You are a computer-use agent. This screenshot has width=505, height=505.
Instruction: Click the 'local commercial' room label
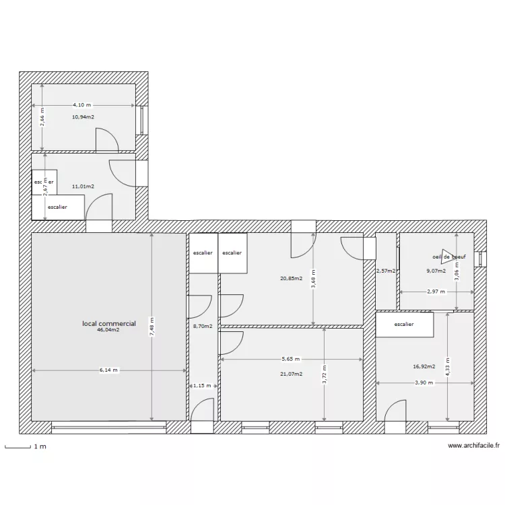pyautogui.click(x=109, y=324)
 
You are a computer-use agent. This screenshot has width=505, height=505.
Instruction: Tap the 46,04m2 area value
pyautogui.click(x=109, y=330)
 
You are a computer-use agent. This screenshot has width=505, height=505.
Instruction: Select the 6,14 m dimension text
pyautogui.click(x=108, y=370)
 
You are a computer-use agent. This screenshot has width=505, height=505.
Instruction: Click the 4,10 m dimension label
pyautogui.click(x=83, y=105)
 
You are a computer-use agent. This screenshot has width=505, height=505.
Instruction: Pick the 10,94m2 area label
pyautogui.click(x=83, y=116)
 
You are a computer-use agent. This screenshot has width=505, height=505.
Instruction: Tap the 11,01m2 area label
pyautogui.click(x=83, y=187)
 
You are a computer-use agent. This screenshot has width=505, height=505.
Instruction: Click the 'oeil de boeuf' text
pyautogui.click(x=449, y=257)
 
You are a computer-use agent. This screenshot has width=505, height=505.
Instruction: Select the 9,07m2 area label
pyautogui.click(x=436, y=271)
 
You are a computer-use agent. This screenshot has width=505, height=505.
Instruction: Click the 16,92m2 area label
pyautogui.click(x=424, y=367)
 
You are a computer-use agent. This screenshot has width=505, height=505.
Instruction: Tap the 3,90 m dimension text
pyautogui.click(x=424, y=382)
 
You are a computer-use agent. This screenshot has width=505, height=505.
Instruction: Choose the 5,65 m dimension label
pyautogui.click(x=290, y=359)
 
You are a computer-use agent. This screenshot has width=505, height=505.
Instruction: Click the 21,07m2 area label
pyautogui.click(x=291, y=374)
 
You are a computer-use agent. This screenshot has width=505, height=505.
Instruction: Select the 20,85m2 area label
pyautogui.click(x=292, y=277)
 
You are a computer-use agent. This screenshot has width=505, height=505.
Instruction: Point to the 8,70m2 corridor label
pyautogui.click(x=203, y=326)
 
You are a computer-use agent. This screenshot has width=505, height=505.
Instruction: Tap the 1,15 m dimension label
pyautogui.click(x=202, y=386)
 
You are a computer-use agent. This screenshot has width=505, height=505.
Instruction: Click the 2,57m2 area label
pyautogui.click(x=386, y=271)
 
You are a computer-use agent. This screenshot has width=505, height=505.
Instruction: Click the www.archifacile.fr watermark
pyautogui.click(x=473, y=446)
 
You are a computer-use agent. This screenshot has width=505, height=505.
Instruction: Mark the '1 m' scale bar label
pyautogui.click(x=40, y=446)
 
